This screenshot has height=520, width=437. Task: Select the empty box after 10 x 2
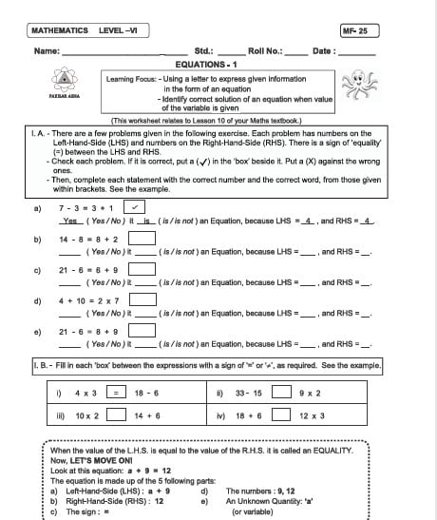coord(115,414)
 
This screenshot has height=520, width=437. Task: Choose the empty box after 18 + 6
coord(282,414)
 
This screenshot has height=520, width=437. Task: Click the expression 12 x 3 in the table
coord(312,415)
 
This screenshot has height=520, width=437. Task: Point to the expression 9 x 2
coord(309,392)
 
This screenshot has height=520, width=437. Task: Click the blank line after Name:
coord(123,53)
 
